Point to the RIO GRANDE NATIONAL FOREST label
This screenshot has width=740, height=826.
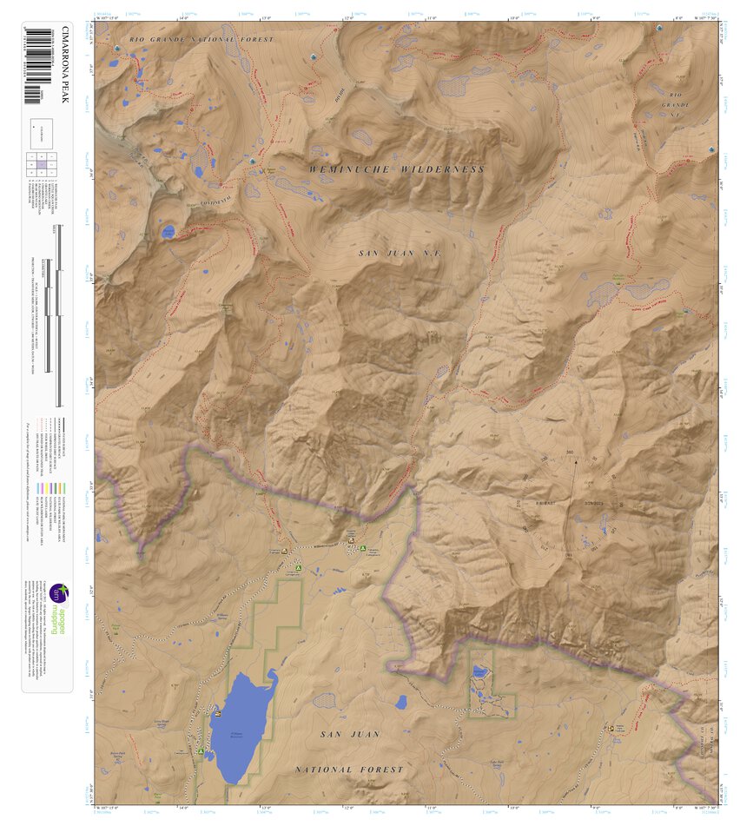click(x=201, y=40)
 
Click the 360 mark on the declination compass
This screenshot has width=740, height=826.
click(x=570, y=453)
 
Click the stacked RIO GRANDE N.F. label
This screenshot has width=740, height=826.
click(x=676, y=104)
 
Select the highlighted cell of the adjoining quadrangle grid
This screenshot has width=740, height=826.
click(x=41, y=163)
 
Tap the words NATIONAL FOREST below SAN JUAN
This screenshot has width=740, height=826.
click(x=348, y=770)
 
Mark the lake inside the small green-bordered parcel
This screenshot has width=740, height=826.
click(x=480, y=671)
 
